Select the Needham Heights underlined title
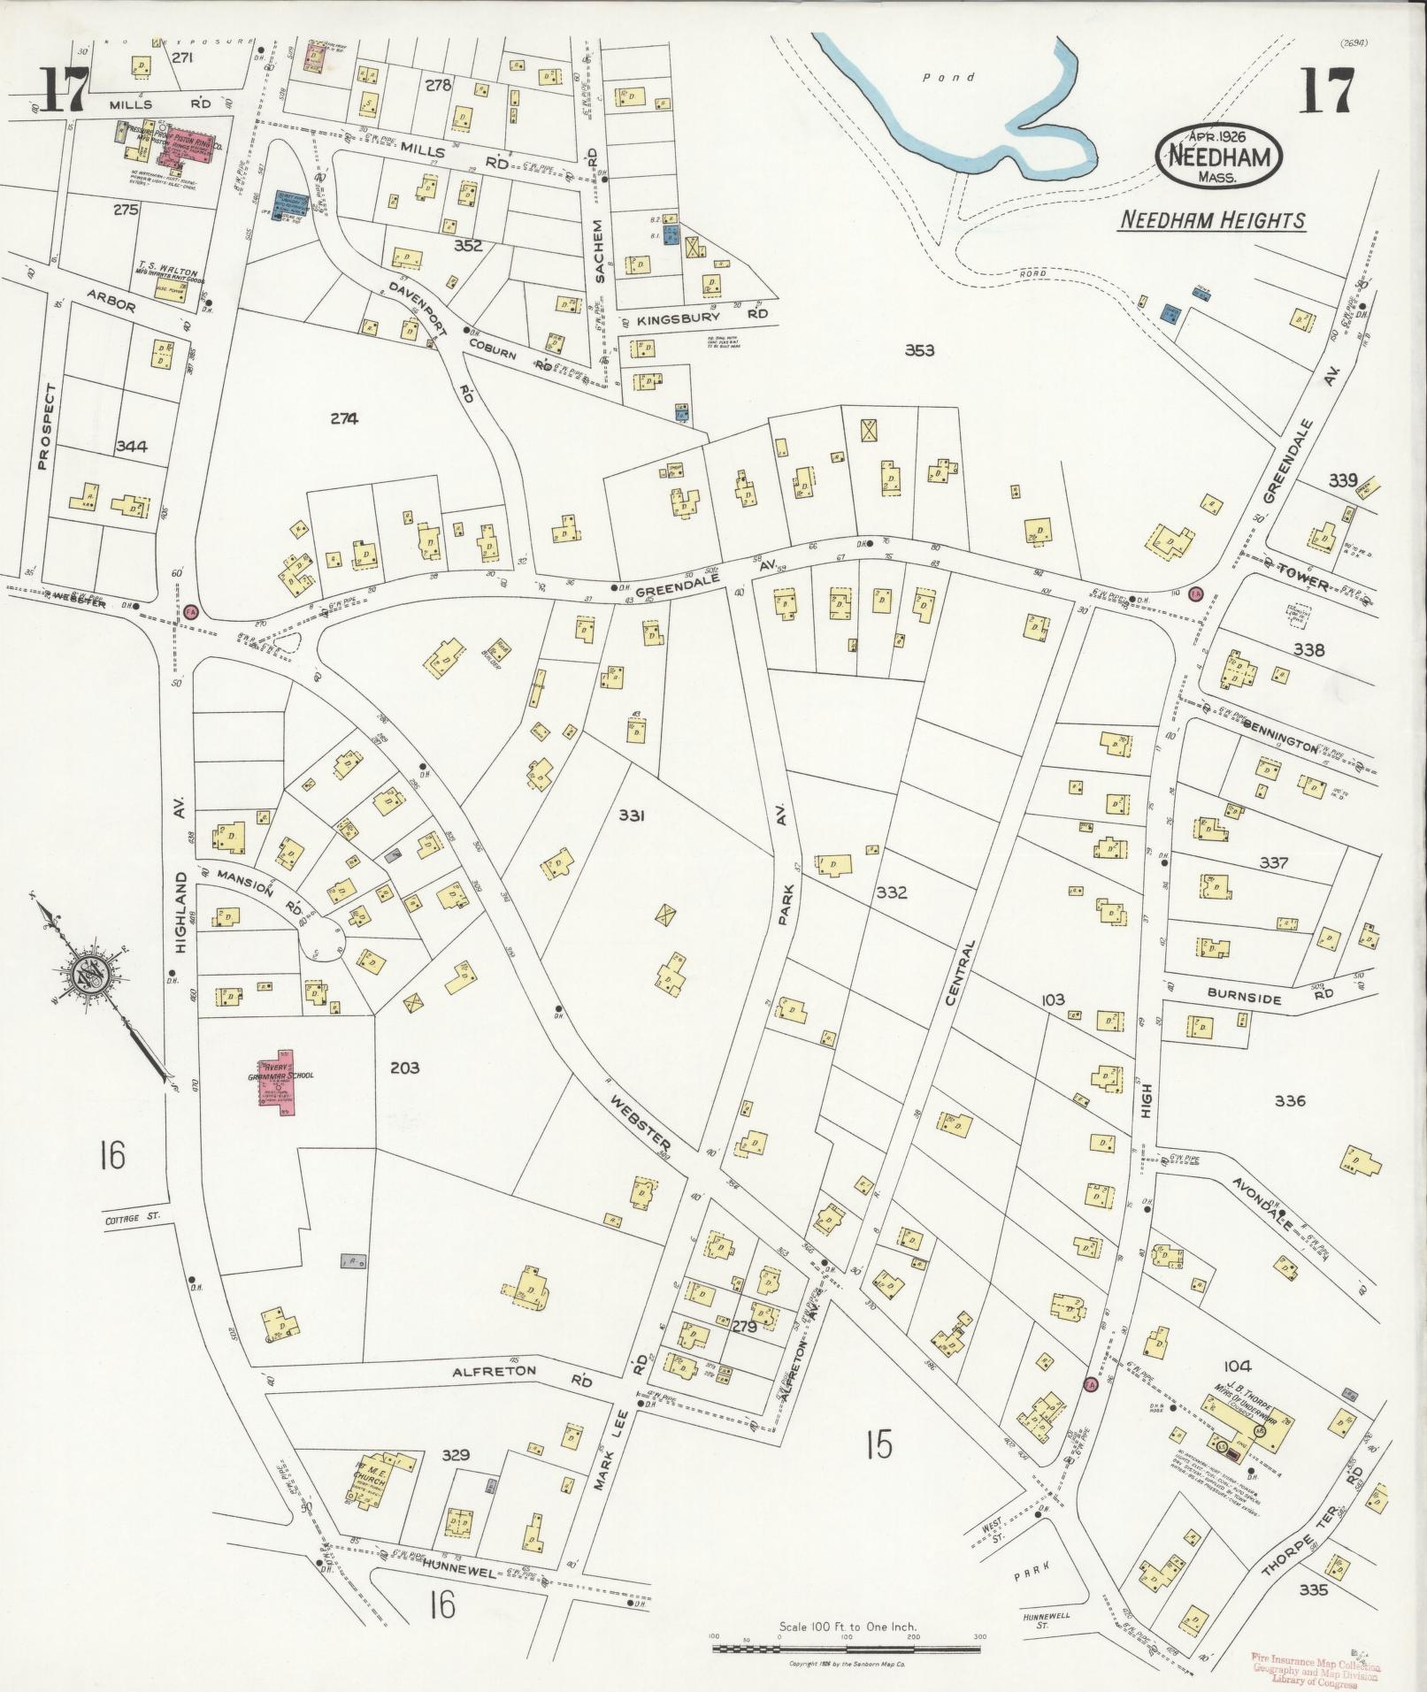[x=1211, y=220]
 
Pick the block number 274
[x=344, y=419]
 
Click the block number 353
[x=919, y=350]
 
